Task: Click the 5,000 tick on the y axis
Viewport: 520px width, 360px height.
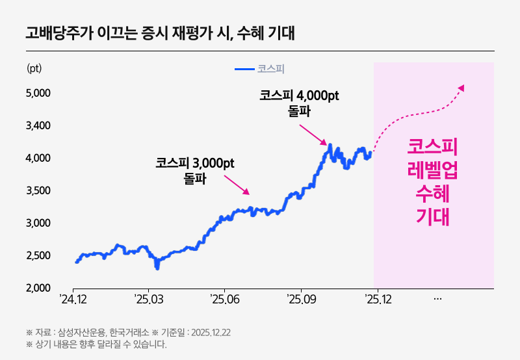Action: coord(38,93)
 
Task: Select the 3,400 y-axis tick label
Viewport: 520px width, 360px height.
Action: coord(38,125)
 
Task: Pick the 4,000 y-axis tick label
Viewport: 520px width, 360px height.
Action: coord(38,158)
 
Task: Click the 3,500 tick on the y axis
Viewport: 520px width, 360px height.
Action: coord(38,190)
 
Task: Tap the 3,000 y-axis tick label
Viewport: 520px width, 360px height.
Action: coord(38,223)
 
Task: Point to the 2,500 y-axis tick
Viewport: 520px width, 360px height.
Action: coord(38,255)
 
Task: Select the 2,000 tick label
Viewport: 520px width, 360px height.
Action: coord(38,288)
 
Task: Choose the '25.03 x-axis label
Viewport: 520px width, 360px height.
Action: coord(148,300)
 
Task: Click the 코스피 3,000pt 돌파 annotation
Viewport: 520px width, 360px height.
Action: coord(194,170)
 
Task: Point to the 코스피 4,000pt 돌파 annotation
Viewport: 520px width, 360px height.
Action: coord(299,103)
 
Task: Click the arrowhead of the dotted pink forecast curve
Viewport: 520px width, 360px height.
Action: coord(461,88)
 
